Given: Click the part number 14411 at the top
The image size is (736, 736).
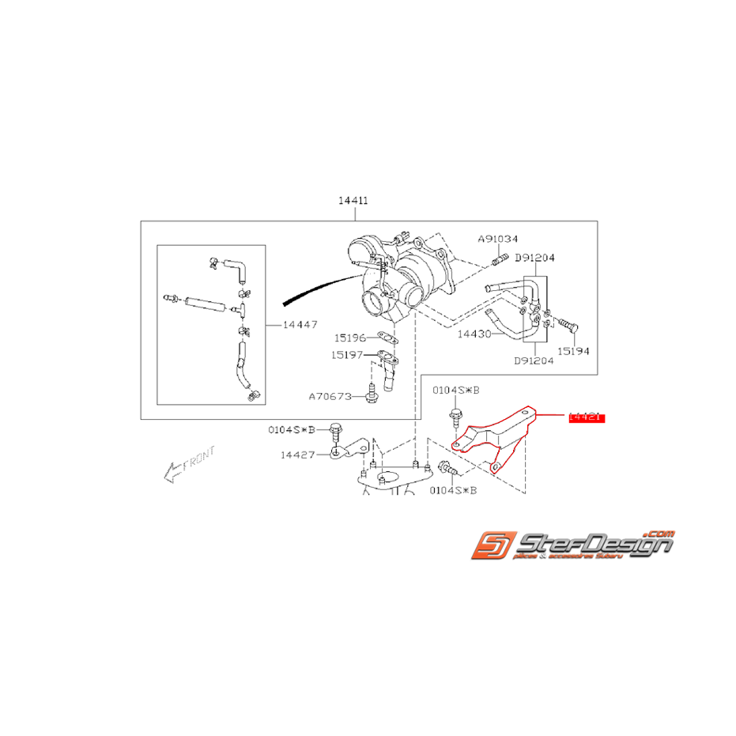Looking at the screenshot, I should (x=354, y=202).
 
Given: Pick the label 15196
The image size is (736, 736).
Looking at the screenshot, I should (x=349, y=338).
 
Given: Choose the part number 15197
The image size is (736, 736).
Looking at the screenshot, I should (x=349, y=355).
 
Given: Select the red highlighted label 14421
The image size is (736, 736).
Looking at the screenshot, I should (x=587, y=417).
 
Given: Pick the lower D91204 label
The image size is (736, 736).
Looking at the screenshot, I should (x=534, y=360).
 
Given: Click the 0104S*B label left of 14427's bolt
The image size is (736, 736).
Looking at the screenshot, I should (x=290, y=429).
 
